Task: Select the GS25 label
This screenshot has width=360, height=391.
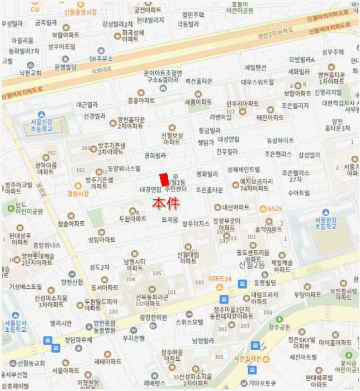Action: (x=275, y=209)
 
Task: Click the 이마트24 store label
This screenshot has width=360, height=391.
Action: (x=219, y=279)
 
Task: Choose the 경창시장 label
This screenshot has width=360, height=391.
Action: (x=78, y=193)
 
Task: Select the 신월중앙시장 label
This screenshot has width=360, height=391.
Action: (x=80, y=11)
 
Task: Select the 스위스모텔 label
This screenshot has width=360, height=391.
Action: (x=189, y=322)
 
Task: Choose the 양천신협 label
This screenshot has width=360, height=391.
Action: (x=72, y=282)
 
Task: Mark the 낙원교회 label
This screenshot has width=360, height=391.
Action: (x=30, y=73)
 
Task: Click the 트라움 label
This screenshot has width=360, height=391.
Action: (x=170, y=220)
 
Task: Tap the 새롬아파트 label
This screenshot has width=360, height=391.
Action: (x=198, y=102)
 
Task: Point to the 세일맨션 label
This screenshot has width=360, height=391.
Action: (x=255, y=67)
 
